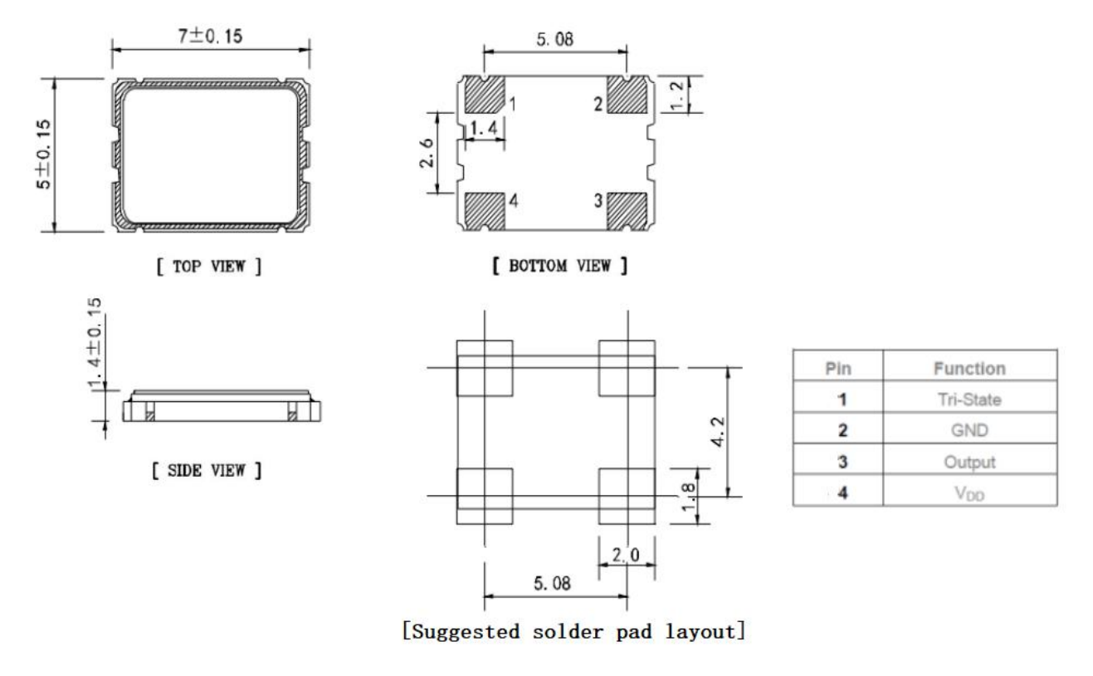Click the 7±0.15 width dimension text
[210, 37]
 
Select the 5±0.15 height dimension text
[43, 154]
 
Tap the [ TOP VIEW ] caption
[209, 267]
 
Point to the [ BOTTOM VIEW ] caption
[559, 266]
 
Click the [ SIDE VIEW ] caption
[207, 470]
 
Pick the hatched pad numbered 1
[484, 95]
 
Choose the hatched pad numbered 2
[627, 95]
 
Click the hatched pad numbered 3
[627, 211]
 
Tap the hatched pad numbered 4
[484, 211]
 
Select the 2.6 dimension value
[426, 154]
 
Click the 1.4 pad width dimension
[484, 128]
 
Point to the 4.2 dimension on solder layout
[718, 432]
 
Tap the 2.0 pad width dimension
[626, 555]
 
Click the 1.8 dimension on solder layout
[688, 497]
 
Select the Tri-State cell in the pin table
[969, 399]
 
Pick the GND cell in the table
[969, 430]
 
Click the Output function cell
[969, 462]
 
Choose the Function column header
[969, 368]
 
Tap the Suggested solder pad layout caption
[573, 632]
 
